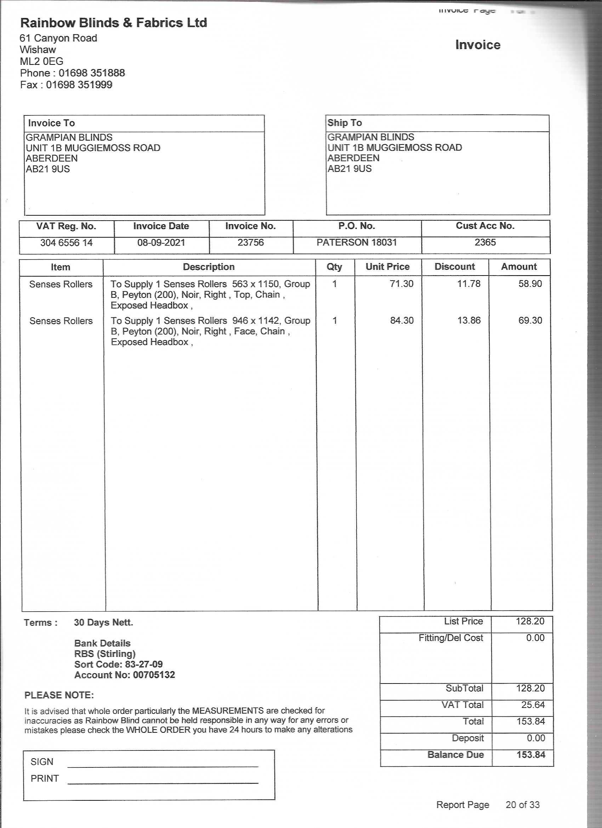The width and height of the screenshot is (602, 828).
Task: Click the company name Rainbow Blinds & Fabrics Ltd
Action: [x=114, y=23]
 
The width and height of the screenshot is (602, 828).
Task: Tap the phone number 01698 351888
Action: [x=92, y=73]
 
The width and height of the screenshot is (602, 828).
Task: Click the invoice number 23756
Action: [x=250, y=242]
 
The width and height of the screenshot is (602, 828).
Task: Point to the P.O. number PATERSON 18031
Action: [x=356, y=242]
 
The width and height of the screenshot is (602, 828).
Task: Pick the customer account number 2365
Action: [x=485, y=242]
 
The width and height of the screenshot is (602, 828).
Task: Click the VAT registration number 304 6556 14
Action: [x=67, y=243]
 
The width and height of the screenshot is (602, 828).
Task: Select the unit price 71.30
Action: [x=401, y=284]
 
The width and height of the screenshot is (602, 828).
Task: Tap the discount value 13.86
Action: [x=469, y=321]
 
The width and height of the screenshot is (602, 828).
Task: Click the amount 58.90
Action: [x=530, y=284]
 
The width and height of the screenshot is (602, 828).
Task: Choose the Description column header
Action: [x=209, y=267]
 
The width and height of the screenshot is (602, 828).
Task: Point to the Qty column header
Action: [x=334, y=267]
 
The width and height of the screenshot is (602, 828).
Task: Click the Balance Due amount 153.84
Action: [x=530, y=755]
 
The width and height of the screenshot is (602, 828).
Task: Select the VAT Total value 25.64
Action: [x=533, y=705]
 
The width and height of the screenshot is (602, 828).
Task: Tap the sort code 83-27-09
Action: [x=143, y=664]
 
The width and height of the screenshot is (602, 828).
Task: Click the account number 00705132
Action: [x=154, y=675]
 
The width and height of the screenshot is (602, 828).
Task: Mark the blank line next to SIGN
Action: [x=163, y=766]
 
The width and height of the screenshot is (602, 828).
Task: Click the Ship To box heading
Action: [x=345, y=123]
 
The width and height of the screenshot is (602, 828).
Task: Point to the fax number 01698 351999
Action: [x=79, y=85]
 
